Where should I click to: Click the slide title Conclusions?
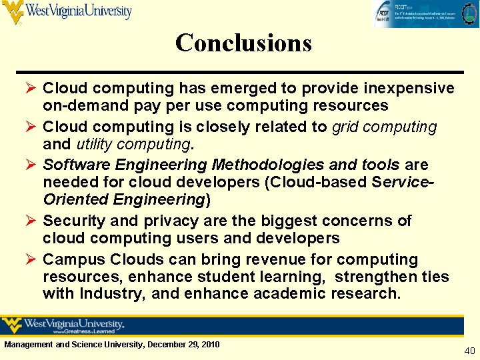[x=243, y=43]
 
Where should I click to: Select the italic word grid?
[x=345, y=127]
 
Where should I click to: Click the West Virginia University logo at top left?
[x=67, y=11]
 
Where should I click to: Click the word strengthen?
[x=376, y=277]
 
